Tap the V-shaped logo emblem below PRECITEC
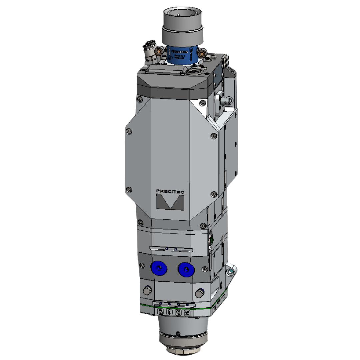click(x=170, y=202)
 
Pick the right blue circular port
click(x=186, y=269)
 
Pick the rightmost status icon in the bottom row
click(x=187, y=313)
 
